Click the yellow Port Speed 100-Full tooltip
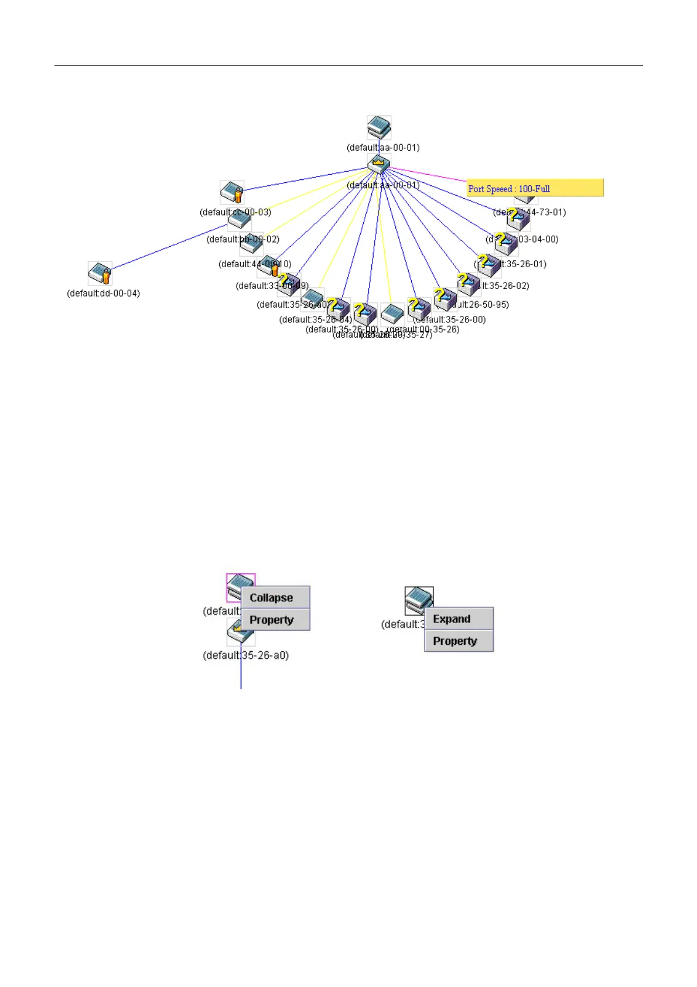[x=535, y=188]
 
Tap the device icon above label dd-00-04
[x=100, y=274]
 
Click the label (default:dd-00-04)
[x=104, y=294]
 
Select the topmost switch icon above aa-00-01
[x=379, y=127]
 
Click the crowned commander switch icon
[x=379, y=164]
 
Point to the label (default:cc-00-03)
[x=235, y=212]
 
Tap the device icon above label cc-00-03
[x=232, y=192]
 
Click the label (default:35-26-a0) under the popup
[x=246, y=655]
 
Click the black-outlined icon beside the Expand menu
[x=419, y=599]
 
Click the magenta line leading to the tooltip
[x=428, y=175]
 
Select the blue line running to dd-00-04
[x=170, y=246]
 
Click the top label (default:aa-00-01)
[x=383, y=148]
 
